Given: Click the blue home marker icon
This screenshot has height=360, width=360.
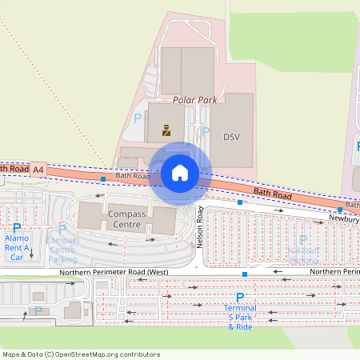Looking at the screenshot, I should coord(180,172).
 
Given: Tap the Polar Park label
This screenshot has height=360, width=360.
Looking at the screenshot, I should coord(195,101).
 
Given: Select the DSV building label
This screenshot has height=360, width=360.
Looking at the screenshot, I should coord(231,137).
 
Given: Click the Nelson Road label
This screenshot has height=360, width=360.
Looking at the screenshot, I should coord(201,227).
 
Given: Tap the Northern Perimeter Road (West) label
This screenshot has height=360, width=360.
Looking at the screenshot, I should coord(113,273).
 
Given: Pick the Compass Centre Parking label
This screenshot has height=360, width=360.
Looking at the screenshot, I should coord(62,250).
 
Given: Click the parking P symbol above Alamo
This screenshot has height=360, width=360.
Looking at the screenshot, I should coord(17,228).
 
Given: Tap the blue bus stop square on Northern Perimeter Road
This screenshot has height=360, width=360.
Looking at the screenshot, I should coord(245,274).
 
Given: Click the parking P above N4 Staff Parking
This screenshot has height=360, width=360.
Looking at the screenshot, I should coord(302,239).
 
